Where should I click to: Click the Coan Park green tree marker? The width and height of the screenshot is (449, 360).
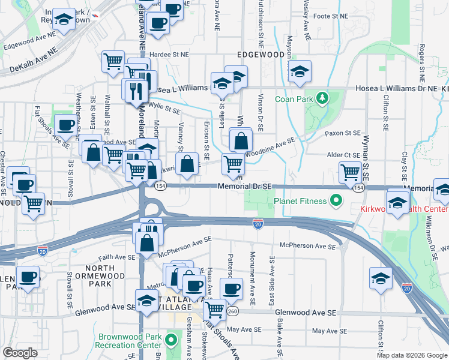coord(322,97)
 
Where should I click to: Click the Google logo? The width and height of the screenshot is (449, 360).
coord(20,353)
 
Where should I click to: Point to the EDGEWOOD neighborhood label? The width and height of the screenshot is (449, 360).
coord(261,54)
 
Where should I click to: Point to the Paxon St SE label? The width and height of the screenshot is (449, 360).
coord(342,134)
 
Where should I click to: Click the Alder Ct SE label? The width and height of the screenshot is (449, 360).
coord(343,155)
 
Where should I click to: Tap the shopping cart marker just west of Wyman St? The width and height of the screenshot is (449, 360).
coord(350,172)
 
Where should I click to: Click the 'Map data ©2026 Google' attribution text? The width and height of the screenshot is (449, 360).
coord(412,355)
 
